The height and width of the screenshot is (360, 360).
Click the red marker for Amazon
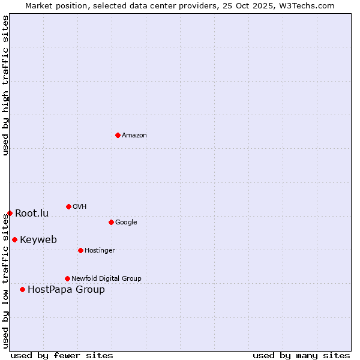pyautogui.click(x=118, y=135)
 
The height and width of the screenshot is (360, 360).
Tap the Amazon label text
pyautogui.click(x=134, y=136)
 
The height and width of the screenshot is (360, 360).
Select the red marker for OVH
pyautogui.click(x=68, y=206)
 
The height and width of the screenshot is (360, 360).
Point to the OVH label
pyautogui.click(x=80, y=207)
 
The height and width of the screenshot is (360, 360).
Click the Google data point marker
pyautogui.click(x=111, y=222)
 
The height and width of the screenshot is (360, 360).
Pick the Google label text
pyautogui.click(x=126, y=223)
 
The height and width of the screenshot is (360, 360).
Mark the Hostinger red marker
pyautogui.click(x=80, y=250)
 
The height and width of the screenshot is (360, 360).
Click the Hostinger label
pyautogui.click(x=100, y=251)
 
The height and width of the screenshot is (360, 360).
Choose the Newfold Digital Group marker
pyautogui.click(x=67, y=278)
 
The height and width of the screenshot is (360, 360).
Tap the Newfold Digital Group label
pyautogui.click(x=106, y=278)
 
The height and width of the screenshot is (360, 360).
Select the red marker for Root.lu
pyautogui.click(x=10, y=213)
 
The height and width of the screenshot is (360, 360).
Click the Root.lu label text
pyautogui.click(x=32, y=214)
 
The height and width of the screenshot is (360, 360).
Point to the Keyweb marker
pyautogui.click(x=14, y=239)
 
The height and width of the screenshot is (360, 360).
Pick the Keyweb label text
pyautogui.click(x=38, y=240)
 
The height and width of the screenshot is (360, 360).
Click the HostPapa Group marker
pyautogui.click(x=22, y=289)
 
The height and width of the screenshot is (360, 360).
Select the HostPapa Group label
pyautogui.click(x=66, y=290)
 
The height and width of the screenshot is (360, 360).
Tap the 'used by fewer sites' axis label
pyautogui.click(x=62, y=356)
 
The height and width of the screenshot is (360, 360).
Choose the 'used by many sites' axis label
pyautogui.click(x=301, y=356)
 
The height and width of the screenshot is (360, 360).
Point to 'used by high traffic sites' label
pyautogui.click(x=6, y=86)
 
